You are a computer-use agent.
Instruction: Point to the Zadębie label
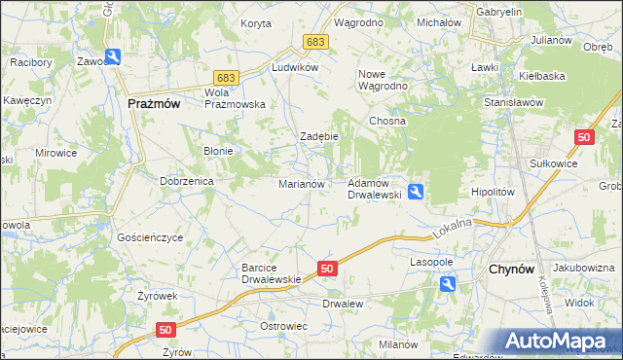pos(318,136)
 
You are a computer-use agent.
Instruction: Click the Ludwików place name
pos(296,67)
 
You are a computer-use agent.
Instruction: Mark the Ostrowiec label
pos(283,325)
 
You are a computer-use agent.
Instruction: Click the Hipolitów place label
pos(492,193)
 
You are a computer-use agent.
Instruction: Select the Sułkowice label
pos(553,164)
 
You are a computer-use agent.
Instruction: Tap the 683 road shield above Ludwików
pos(314,43)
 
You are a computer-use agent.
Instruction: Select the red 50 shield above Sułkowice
pos(583,138)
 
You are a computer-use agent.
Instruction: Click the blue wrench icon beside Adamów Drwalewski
pos(417,192)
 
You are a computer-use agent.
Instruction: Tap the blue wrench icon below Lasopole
pos(447,283)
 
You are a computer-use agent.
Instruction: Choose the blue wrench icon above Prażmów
pos(113,57)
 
